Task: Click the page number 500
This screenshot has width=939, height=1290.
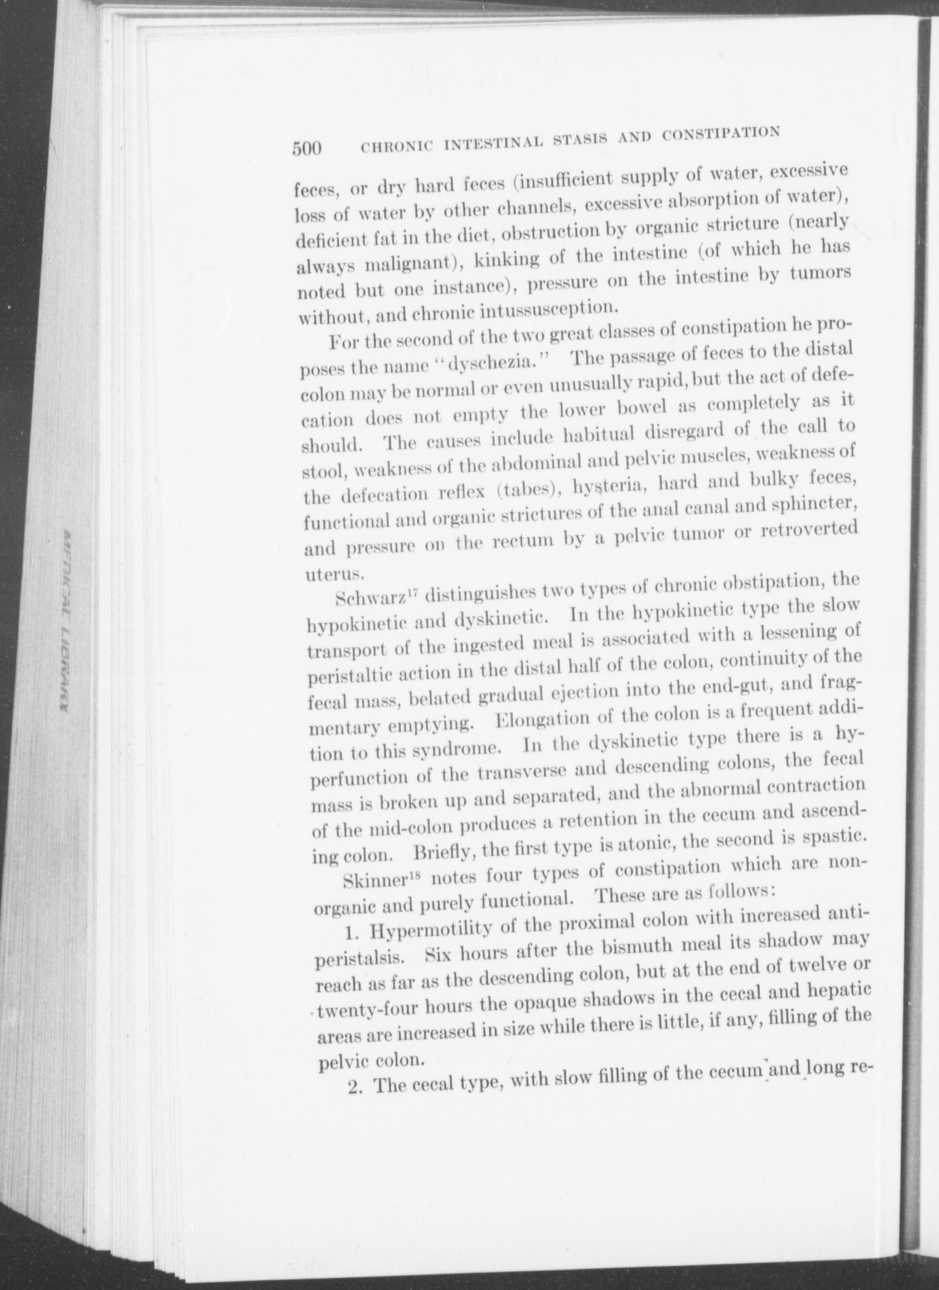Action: point(308,148)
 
